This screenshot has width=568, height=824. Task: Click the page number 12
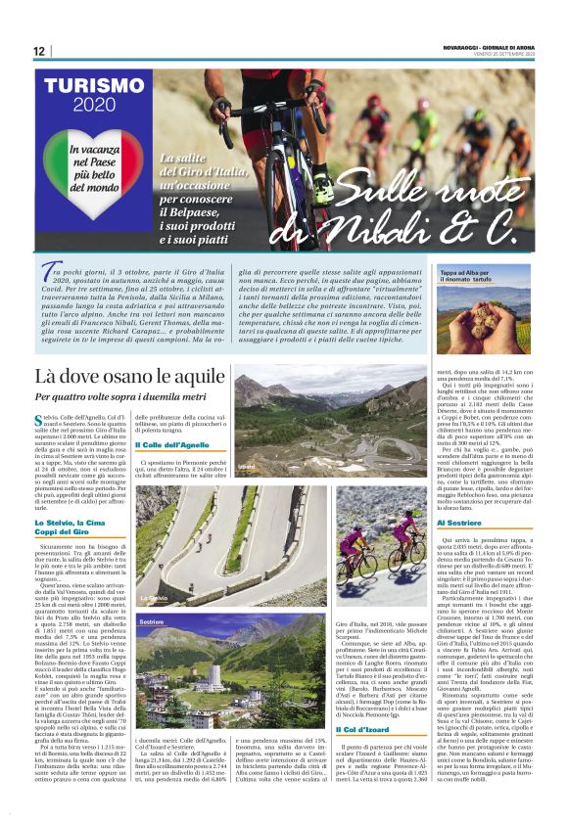point(38,51)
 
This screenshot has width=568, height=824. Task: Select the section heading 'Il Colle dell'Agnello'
point(174,445)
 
